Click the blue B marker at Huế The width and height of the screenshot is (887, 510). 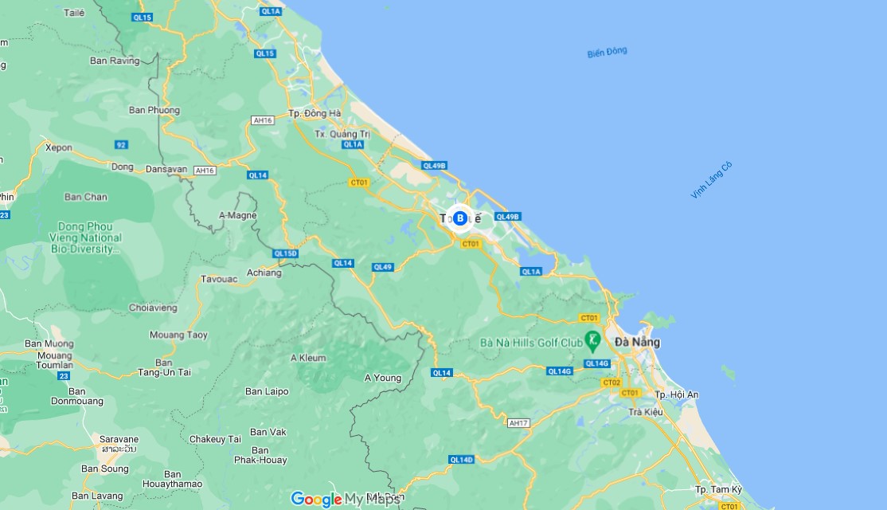(x=459, y=218)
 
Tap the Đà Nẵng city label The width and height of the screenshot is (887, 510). (x=637, y=342)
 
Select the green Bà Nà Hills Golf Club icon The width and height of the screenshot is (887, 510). (x=592, y=342)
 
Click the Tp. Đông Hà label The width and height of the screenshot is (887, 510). (x=315, y=113)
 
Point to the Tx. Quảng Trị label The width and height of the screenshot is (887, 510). (x=342, y=134)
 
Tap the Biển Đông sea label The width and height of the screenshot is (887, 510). (x=607, y=53)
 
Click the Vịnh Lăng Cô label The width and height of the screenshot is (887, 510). (x=711, y=180)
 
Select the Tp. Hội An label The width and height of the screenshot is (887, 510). (x=676, y=394)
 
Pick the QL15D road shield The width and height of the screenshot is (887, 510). (x=284, y=253)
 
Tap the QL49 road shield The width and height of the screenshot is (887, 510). (x=382, y=267)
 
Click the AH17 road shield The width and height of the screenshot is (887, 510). (x=518, y=422)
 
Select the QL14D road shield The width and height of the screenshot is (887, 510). (x=461, y=459)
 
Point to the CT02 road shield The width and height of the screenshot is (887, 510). (x=612, y=382)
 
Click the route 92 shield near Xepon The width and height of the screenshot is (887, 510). (x=121, y=144)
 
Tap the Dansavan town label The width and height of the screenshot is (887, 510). (x=166, y=169)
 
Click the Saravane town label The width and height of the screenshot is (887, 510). (x=119, y=439)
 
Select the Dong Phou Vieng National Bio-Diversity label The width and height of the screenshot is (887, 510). (x=89, y=237)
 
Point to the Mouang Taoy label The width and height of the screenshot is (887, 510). (x=178, y=335)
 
